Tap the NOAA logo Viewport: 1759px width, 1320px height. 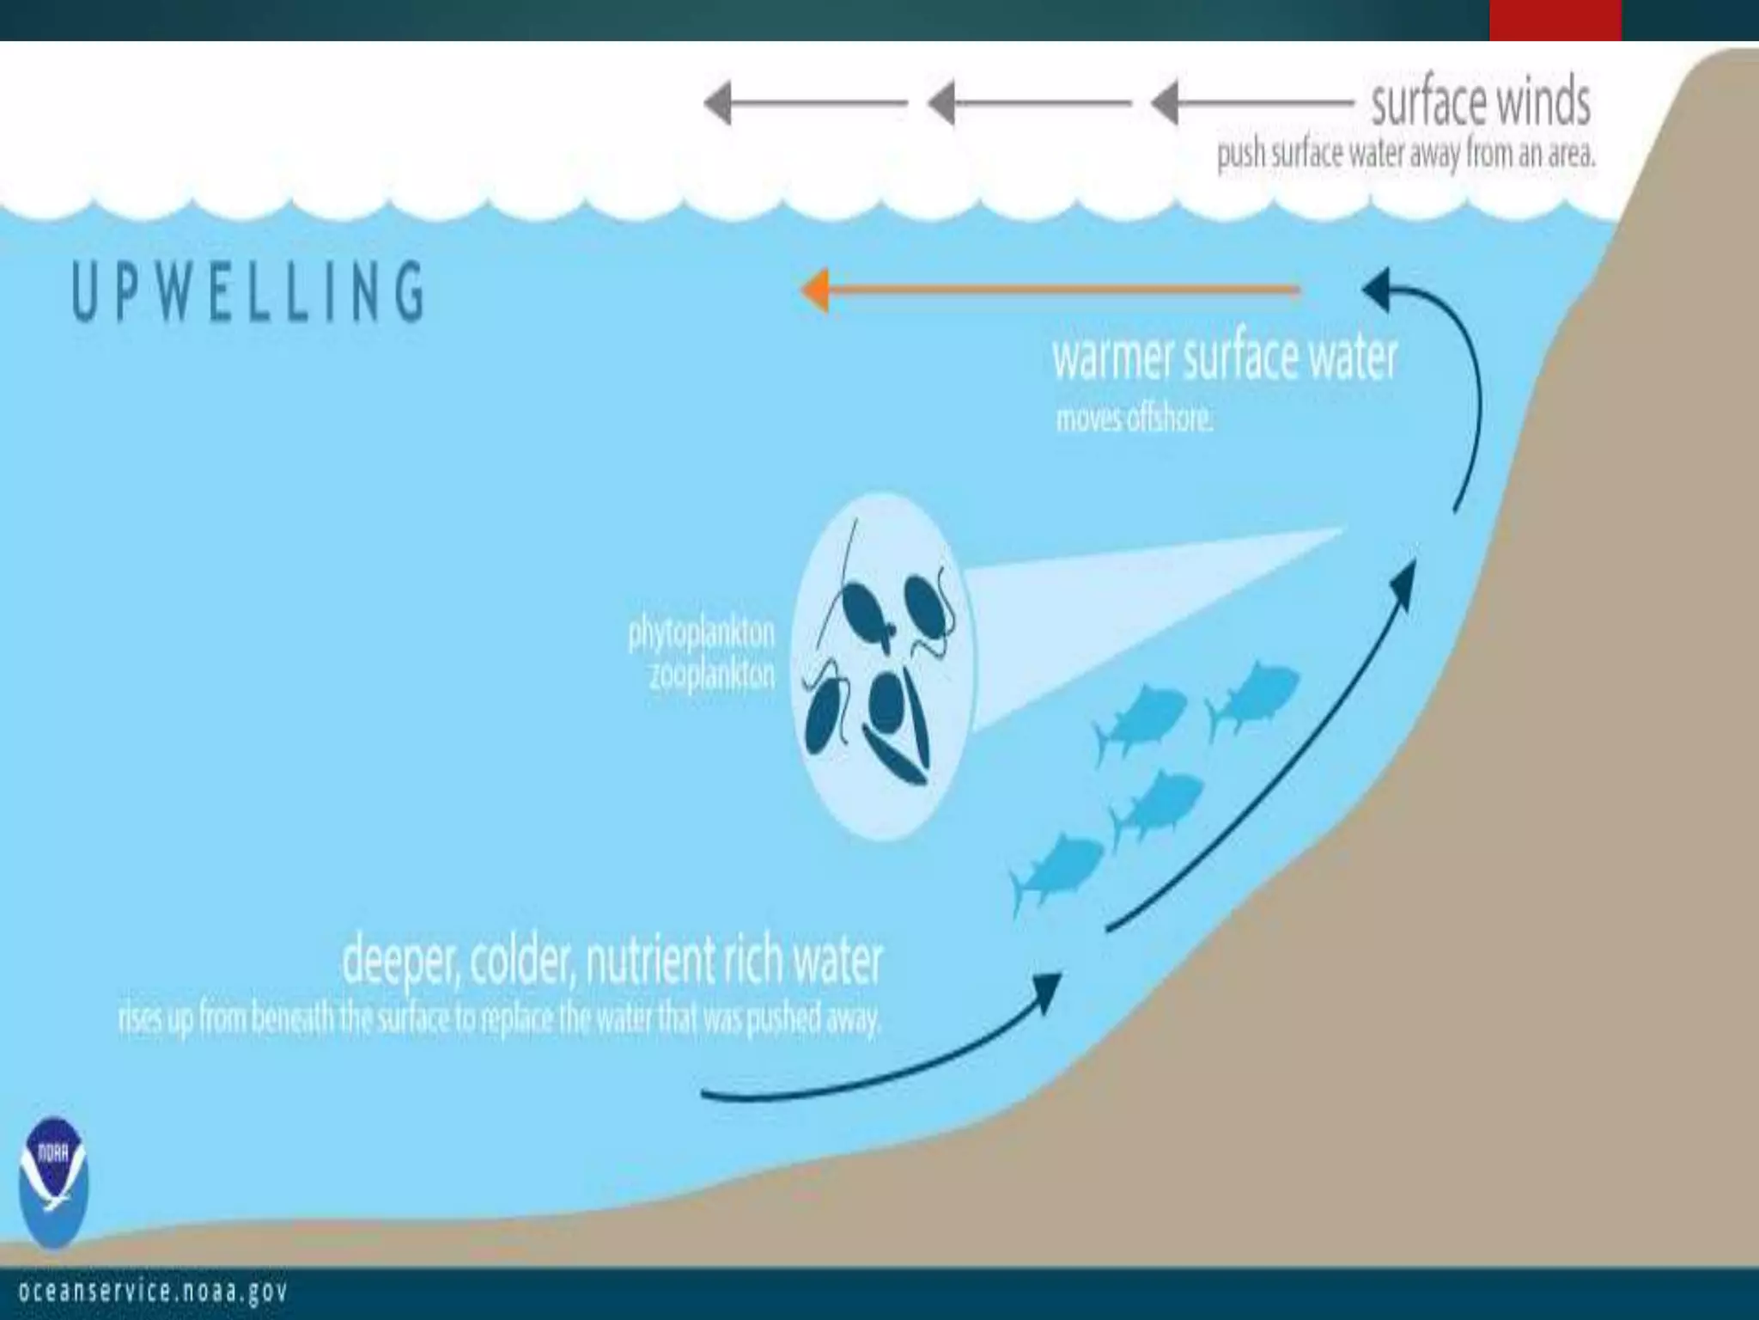click(53, 1182)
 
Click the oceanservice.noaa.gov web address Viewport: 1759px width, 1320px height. click(153, 1292)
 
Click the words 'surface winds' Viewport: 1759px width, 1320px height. click(1480, 103)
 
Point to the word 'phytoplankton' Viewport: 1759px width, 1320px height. click(701, 634)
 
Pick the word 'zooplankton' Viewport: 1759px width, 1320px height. click(711, 675)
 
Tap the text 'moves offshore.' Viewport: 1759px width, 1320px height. click(1134, 420)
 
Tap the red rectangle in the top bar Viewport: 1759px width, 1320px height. click(1555, 20)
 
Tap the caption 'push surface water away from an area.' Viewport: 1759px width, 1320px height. click(1406, 156)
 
